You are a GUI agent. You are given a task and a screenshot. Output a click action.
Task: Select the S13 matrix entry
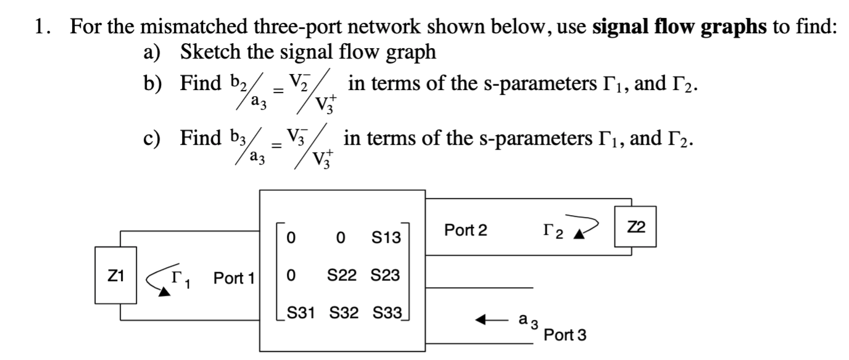tap(386, 237)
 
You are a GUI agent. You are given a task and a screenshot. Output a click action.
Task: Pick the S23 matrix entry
tap(386, 274)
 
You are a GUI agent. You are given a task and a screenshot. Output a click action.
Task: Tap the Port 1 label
tap(234, 278)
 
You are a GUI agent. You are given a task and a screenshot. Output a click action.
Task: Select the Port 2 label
tap(465, 231)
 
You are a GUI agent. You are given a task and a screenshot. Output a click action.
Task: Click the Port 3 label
tap(566, 335)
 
